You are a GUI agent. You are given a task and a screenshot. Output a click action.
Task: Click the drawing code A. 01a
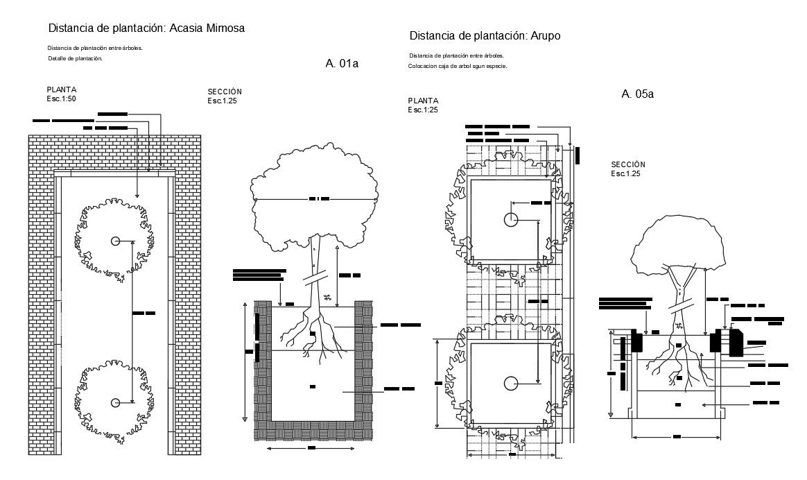[x=341, y=64]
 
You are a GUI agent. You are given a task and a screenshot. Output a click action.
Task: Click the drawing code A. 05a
[x=637, y=94]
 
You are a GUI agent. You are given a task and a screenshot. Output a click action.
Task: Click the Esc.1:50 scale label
[x=62, y=98]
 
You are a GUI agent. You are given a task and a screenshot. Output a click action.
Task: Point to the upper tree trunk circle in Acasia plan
[x=115, y=241]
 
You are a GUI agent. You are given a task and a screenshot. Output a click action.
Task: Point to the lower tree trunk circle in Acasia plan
[x=115, y=402]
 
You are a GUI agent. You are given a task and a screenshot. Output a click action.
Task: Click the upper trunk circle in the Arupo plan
[x=510, y=221]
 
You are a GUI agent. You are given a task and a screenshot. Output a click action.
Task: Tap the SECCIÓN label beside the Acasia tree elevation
[x=225, y=92]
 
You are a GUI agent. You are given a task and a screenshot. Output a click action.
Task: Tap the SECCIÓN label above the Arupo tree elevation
[x=628, y=164]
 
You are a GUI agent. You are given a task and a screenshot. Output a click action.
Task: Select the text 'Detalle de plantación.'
[x=75, y=59]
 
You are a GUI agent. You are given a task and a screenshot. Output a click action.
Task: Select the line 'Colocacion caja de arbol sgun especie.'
[x=458, y=66]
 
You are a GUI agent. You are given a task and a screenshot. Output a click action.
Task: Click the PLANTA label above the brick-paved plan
[x=61, y=89]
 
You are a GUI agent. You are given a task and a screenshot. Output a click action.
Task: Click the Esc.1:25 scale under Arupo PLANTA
[x=422, y=110]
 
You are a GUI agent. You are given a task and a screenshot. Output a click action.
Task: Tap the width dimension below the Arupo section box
[x=676, y=437]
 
